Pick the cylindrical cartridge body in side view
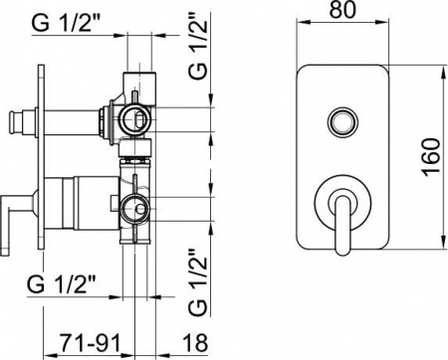click(84, 200)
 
